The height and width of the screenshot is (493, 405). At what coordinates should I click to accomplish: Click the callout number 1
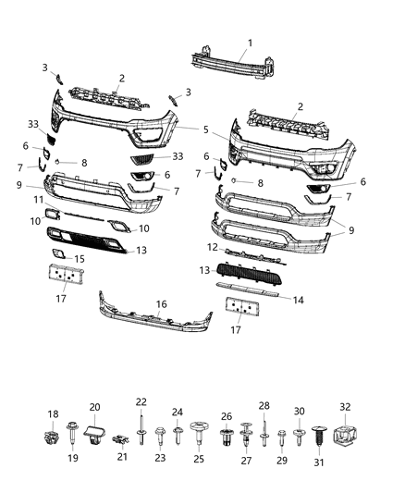[x=249, y=43]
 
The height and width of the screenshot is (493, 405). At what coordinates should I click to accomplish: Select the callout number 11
[x=39, y=200]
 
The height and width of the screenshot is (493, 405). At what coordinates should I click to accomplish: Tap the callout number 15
[x=80, y=259]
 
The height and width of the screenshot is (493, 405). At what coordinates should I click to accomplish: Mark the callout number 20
[x=94, y=408]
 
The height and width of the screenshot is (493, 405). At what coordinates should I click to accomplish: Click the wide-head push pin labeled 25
[x=198, y=432]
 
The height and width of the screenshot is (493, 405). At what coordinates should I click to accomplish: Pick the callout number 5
[x=206, y=129]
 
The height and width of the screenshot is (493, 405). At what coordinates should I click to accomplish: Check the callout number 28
[x=263, y=405]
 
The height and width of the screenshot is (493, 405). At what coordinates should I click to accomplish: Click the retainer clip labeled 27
[x=245, y=433]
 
